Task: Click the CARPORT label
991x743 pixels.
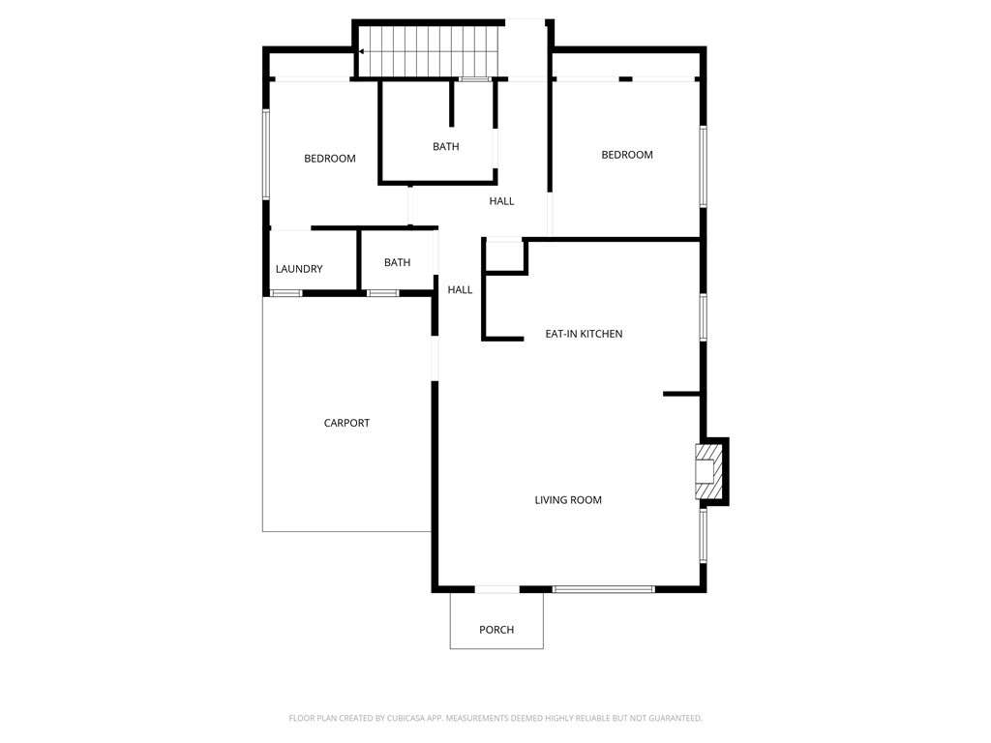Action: [346, 423]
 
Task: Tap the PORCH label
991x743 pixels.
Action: [496, 630]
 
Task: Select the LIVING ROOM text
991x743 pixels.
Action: [568, 500]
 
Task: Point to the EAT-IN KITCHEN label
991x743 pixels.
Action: [584, 334]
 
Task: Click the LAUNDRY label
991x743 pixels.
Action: [299, 269]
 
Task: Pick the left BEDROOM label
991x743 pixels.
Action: [330, 159]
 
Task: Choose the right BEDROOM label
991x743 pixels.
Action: [627, 155]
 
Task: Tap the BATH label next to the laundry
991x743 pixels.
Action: [397, 262]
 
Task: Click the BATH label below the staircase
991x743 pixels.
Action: [445, 147]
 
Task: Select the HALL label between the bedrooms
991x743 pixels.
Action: [501, 201]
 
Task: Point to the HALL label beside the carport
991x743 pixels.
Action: [460, 289]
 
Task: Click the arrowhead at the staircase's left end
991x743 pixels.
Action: [361, 51]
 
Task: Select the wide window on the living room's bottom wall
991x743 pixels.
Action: [603, 588]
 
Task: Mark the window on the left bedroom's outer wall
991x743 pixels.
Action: [266, 155]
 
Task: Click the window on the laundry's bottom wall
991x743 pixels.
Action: [285, 292]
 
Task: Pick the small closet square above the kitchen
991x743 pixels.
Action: [503, 255]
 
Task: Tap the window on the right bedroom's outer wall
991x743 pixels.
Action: [704, 165]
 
